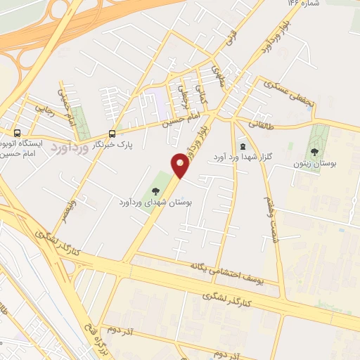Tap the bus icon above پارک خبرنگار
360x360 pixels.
pyautogui.click(x=112, y=134)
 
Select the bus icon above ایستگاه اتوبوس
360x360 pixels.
pyautogui.click(x=17, y=132)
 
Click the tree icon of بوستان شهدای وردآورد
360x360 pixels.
pyautogui.click(x=156, y=191)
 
